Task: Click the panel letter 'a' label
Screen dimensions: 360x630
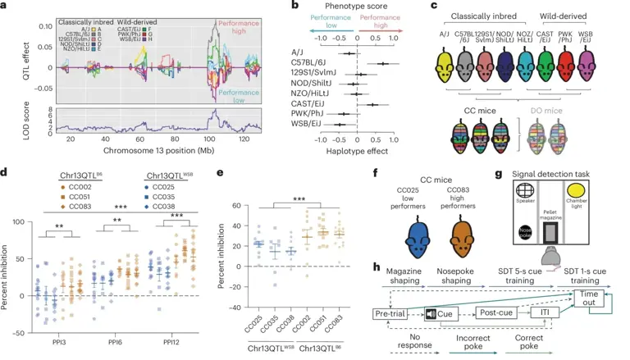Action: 6,7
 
